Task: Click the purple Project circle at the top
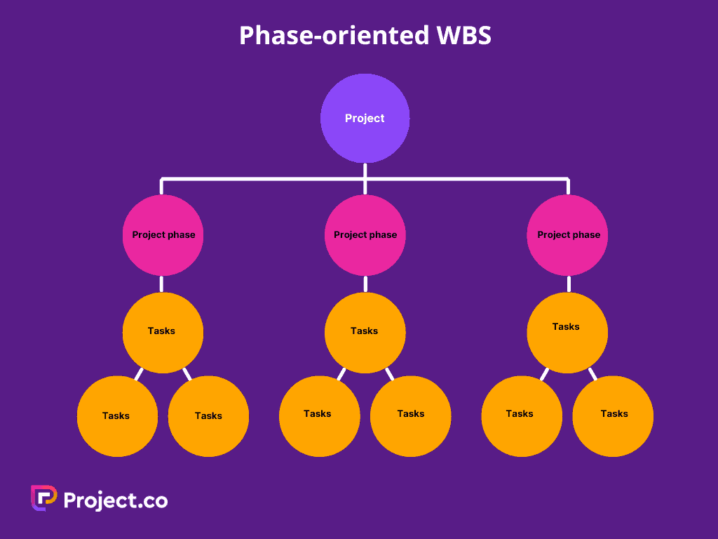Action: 365,118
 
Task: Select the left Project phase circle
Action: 163,235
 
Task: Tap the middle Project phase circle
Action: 365,235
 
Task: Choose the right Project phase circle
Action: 568,235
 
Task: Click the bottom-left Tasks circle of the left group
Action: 117,416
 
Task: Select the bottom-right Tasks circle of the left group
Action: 208,416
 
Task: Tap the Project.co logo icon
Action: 43,498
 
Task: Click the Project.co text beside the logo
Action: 116,500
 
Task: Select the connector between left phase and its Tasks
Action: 161,284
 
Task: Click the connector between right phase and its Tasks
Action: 568,284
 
